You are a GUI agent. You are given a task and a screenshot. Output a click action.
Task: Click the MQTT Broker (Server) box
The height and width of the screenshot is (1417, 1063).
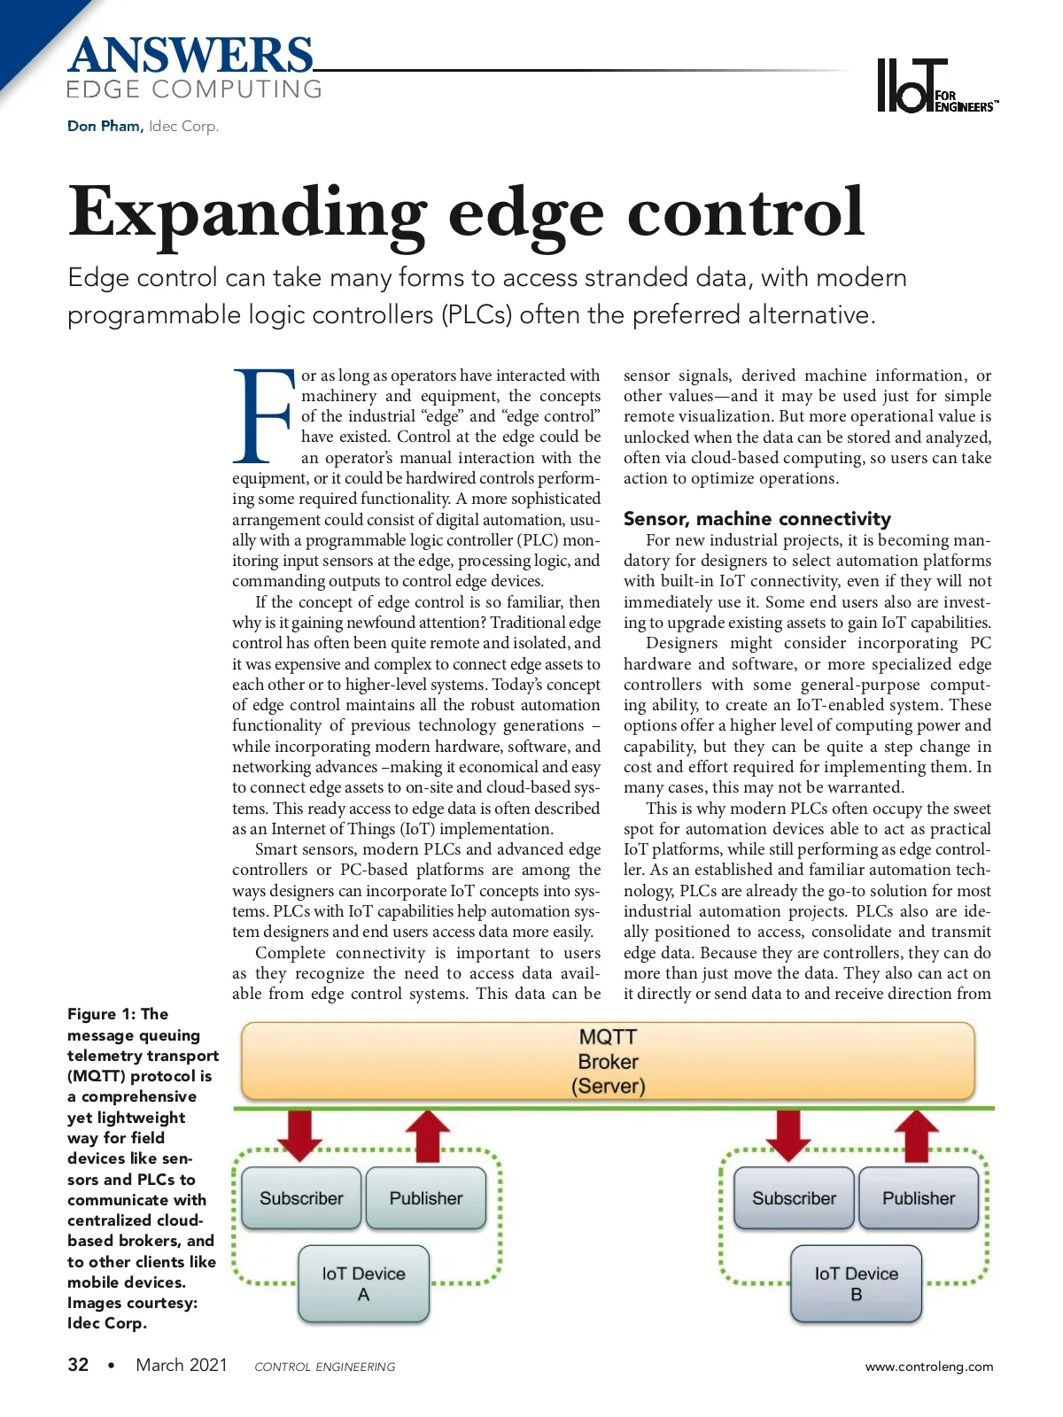coord(608,1061)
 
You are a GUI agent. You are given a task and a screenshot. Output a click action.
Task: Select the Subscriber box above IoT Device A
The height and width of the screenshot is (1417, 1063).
coord(301,1198)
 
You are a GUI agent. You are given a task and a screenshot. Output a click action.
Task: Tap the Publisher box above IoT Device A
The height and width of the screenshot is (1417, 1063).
coord(426,1198)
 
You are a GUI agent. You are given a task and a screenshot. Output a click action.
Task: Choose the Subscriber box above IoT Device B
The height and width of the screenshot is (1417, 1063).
coord(794,1198)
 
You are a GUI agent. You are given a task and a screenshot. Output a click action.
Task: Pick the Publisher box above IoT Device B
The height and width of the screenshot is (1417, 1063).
coord(919,1198)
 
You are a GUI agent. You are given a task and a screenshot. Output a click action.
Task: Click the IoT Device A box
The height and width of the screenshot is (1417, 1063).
coord(363,1283)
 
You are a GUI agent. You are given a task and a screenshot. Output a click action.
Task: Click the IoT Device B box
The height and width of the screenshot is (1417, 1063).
coord(856,1283)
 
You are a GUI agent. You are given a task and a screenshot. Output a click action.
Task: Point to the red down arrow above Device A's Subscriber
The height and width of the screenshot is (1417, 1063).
coord(300,1134)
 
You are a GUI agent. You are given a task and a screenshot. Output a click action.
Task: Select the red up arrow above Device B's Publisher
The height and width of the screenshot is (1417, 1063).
coord(917,1134)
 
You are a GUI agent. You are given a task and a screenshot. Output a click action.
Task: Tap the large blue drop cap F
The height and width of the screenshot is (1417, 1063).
coord(262,417)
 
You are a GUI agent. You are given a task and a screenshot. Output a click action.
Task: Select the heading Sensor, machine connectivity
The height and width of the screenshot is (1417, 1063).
coord(757,519)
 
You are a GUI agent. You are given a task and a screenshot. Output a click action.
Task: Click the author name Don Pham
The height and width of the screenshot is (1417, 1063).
coord(104,126)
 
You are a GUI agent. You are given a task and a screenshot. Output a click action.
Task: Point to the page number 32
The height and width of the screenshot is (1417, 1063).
coord(78,1365)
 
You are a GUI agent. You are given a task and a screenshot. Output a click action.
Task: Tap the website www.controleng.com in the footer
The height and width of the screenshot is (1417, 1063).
coord(929,1367)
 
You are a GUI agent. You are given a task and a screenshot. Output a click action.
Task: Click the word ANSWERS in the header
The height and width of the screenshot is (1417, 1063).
coord(190,55)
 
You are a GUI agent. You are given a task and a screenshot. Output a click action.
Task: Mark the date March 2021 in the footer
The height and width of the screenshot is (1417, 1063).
coord(182,1365)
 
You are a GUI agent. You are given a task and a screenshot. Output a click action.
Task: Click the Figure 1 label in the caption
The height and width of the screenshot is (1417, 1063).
coord(101,1014)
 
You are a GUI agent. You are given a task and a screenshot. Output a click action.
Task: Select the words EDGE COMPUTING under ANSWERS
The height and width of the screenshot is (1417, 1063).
coord(194,89)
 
